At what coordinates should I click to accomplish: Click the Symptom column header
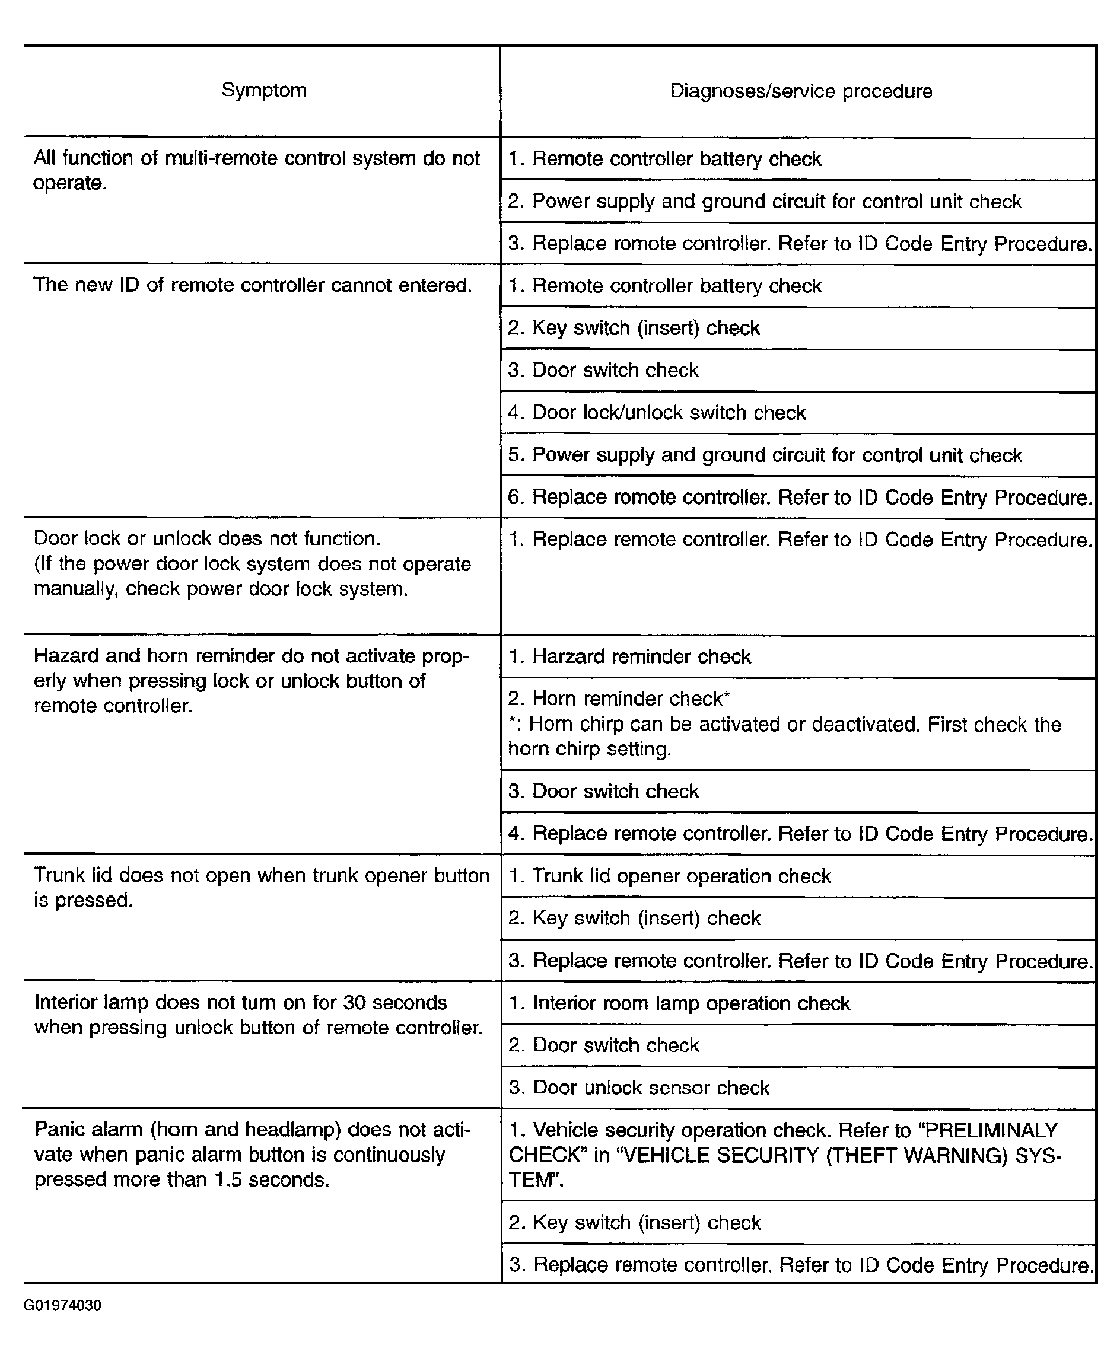[264, 90]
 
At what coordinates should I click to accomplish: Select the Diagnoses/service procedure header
[801, 91]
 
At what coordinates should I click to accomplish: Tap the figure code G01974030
[62, 1305]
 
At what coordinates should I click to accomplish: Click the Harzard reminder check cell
[629, 656]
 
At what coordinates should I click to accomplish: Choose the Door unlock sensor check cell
[639, 1088]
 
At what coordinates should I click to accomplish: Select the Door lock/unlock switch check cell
[657, 413]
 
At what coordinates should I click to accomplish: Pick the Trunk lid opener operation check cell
[670, 876]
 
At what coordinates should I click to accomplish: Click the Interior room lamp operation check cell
[679, 1003]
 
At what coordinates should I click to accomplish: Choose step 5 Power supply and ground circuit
[765, 455]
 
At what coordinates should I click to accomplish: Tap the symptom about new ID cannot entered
[252, 285]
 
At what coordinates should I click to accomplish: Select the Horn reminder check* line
[619, 699]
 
